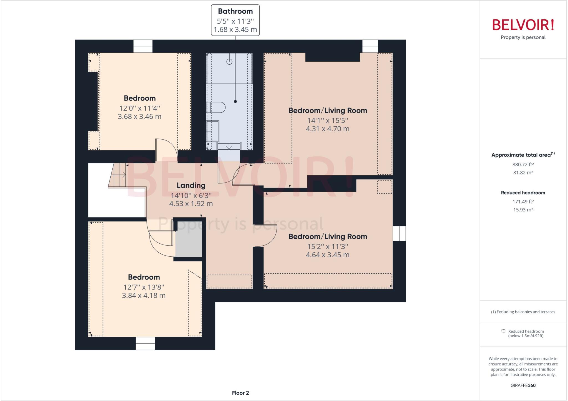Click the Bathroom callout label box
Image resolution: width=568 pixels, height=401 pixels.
tap(235, 20)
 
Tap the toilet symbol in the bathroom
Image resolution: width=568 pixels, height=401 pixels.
tap(216, 107)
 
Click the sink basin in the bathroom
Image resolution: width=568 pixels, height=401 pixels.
tap(213, 131)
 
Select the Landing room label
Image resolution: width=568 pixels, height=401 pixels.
tap(191, 185)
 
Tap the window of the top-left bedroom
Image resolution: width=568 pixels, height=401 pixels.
tap(143, 46)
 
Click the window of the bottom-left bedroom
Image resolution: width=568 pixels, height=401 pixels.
tap(145, 343)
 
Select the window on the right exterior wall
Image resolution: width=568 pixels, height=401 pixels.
tap(399, 233)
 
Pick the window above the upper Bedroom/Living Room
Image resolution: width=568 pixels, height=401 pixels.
tap(370, 46)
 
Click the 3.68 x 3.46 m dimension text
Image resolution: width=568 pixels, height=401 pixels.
tap(140, 117)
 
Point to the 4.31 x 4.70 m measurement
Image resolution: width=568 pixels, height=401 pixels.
tap(328, 129)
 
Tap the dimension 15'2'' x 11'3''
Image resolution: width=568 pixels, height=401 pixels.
tap(328, 246)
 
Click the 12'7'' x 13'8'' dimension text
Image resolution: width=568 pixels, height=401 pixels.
tap(144, 287)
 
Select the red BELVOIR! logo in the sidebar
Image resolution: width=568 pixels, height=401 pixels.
tap(523, 25)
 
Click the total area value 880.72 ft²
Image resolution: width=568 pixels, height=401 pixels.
tap(523, 165)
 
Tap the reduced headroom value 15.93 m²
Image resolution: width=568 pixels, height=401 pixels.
tap(523, 210)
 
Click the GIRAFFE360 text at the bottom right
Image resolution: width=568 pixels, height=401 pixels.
tap(523, 385)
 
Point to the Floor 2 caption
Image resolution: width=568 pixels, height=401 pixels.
tap(240, 393)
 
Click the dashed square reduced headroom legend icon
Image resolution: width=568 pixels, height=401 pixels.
tap(503, 331)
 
